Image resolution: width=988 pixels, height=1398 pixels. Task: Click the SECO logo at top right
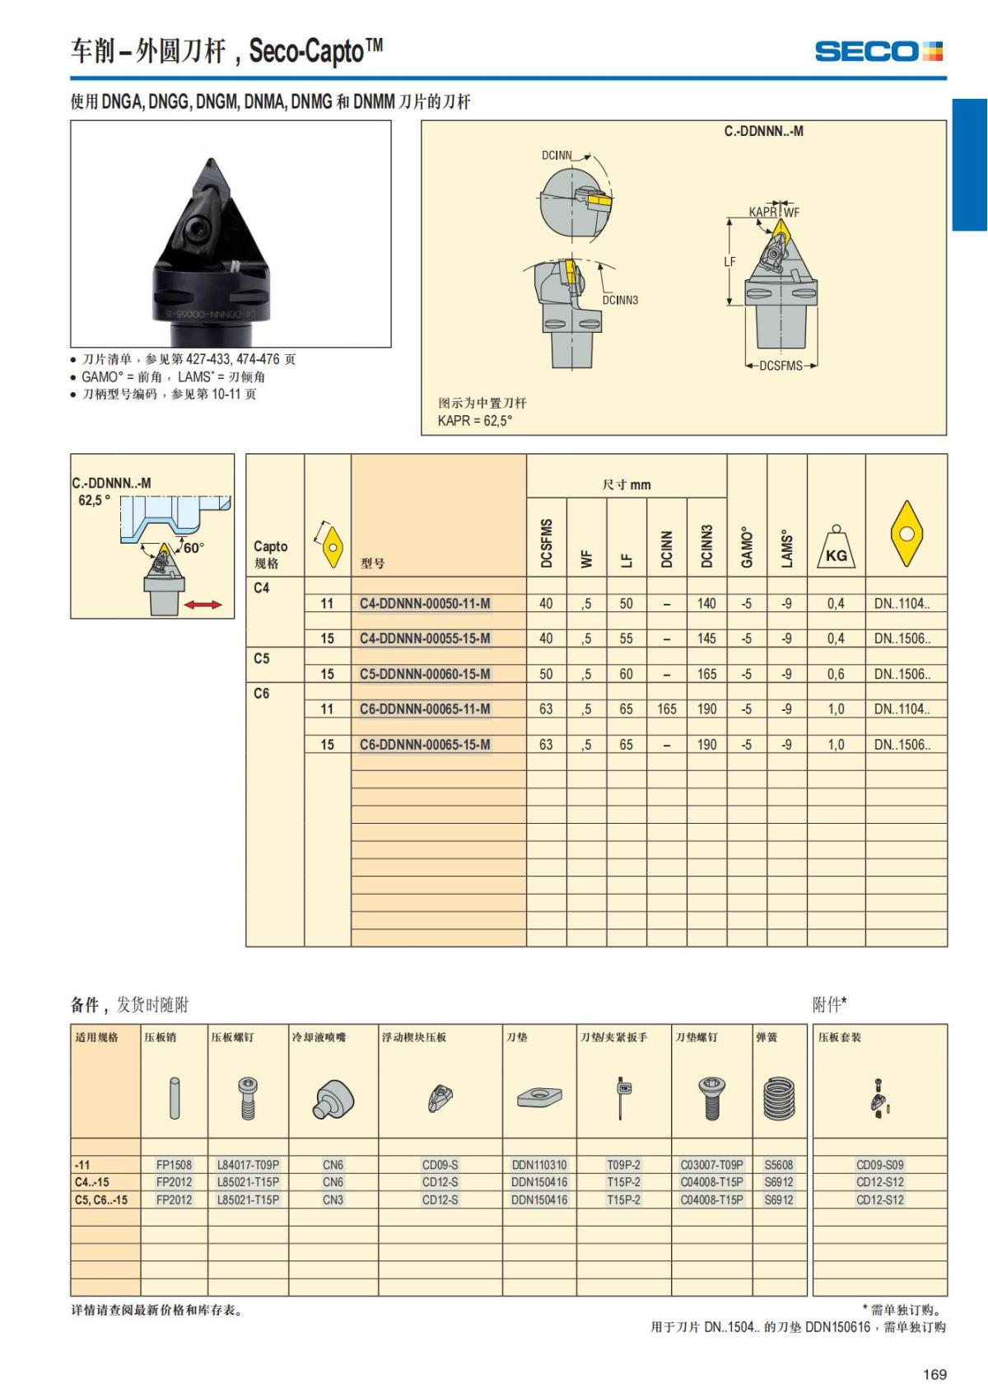(878, 51)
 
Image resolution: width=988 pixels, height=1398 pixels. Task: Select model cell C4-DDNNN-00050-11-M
(425, 604)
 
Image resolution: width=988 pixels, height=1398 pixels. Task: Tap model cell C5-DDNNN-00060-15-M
(425, 674)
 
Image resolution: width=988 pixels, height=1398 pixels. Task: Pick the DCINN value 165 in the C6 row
(667, 709)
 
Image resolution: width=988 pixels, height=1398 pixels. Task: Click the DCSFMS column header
(547, 544)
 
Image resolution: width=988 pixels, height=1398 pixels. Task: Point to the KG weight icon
(836, 549)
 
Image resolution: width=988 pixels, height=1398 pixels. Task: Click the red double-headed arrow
(203, 605)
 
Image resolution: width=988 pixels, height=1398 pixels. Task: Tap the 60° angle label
(193, 548)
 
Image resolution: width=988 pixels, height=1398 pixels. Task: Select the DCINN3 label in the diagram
(620, 300)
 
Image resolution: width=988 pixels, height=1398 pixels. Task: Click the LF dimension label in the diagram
(729, 262)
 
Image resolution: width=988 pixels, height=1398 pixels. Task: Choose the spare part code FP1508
(174, 1165)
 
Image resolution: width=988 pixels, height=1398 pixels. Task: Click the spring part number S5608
(779, 1165)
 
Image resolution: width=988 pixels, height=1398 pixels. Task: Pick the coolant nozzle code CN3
(333, 1199)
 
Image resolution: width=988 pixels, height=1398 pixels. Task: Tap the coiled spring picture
(779, 1098)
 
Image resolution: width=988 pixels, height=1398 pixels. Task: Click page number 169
(934, 1374)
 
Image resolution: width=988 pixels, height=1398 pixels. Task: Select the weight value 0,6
(836, 674)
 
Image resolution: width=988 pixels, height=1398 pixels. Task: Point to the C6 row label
(262, 694)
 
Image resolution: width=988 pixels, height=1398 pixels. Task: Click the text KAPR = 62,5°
(475, 420)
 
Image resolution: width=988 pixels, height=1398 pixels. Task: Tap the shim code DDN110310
(539, 1165)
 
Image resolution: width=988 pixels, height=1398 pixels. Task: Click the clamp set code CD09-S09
(879, 1165)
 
